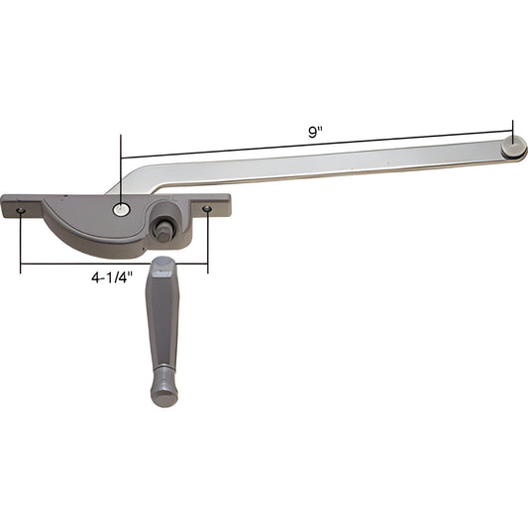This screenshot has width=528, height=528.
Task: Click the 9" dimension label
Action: (313, 131)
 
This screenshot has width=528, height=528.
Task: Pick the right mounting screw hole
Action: (207, 209)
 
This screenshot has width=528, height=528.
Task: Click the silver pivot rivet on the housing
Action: (121, 209)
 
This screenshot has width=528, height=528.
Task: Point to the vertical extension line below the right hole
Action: (207, 243)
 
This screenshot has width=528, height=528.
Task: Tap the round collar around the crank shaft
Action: (164, 217)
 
